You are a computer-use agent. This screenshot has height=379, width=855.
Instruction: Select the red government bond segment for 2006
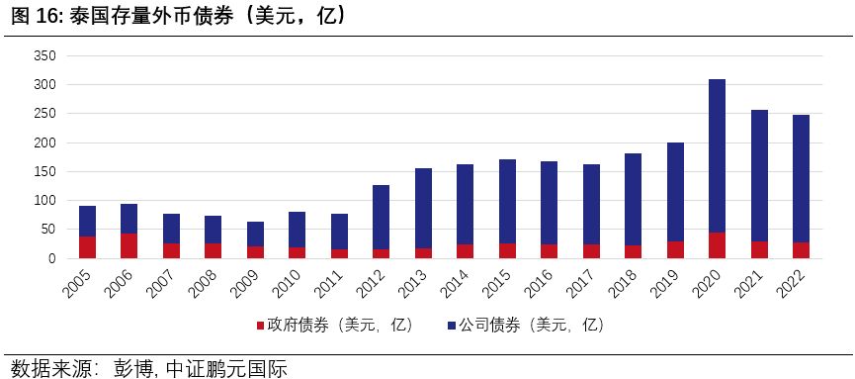point(128,245)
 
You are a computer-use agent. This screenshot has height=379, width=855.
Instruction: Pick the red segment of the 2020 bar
point(717,245)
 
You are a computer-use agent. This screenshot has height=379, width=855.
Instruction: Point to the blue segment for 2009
point(255,234)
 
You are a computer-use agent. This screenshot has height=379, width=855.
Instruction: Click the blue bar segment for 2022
point(801,178)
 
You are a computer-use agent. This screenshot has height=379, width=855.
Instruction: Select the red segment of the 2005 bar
point(87,247)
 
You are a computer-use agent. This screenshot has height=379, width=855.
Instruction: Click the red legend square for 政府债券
point(260,325)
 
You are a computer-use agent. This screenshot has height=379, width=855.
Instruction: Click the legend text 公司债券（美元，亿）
point(530,325)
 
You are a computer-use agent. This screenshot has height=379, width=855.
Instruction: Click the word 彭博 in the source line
point(129,368)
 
